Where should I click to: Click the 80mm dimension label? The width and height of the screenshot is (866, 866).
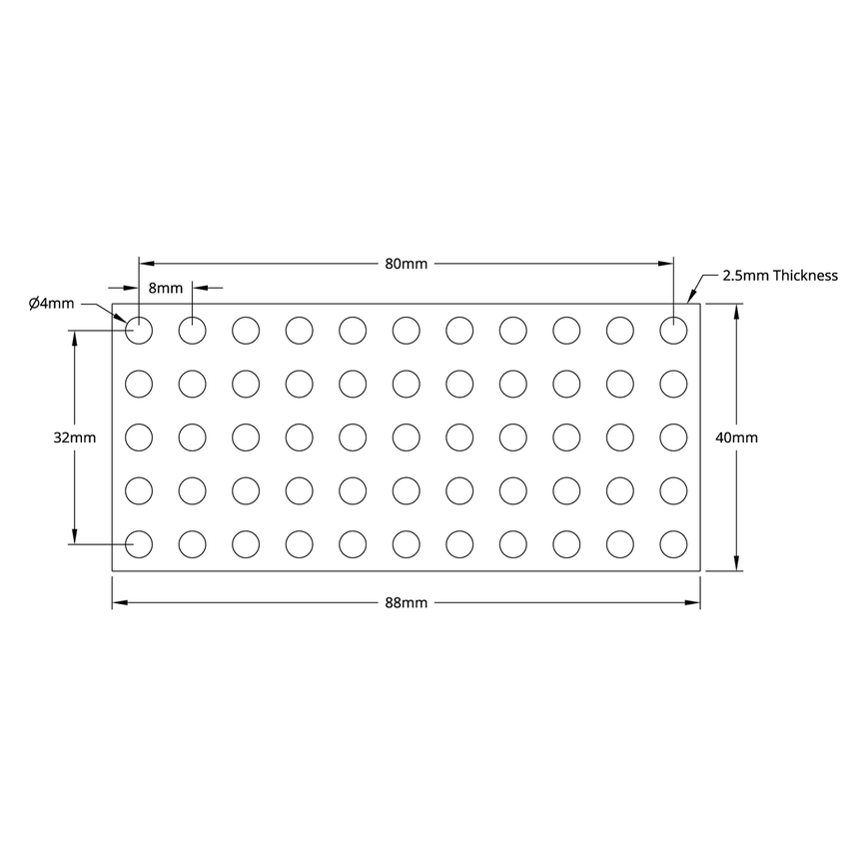(406, 264)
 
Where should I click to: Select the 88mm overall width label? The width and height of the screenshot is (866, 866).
(406, 602)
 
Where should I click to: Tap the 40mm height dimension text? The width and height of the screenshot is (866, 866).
(737, 437)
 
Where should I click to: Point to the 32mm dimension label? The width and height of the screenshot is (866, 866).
(76, 437)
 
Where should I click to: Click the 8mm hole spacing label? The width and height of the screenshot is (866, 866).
(166, 288)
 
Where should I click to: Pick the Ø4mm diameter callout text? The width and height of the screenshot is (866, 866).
(51, 303)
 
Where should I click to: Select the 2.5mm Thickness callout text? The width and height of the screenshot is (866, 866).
(779, 275)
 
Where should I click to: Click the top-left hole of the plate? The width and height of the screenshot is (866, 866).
(139, 329)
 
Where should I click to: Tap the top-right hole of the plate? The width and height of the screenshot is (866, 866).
(673, 329)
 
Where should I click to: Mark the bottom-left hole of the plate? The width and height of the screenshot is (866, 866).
(139, 543)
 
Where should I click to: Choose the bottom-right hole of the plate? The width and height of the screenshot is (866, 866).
(673, 543)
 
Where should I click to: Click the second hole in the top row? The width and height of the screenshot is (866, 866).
(192, 329)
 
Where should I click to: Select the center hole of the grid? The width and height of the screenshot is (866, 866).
(406, 436)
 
